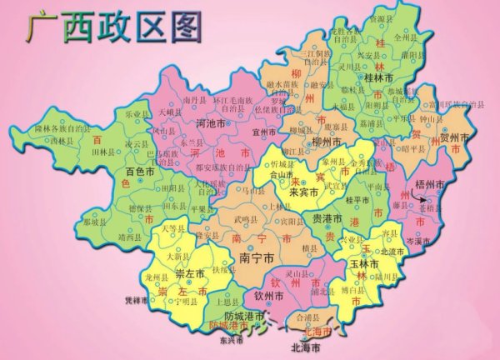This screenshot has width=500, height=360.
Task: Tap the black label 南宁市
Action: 256,257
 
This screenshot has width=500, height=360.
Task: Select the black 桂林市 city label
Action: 379,77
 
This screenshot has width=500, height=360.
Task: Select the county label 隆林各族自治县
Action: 60,129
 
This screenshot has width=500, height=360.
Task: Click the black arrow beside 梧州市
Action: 428,201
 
